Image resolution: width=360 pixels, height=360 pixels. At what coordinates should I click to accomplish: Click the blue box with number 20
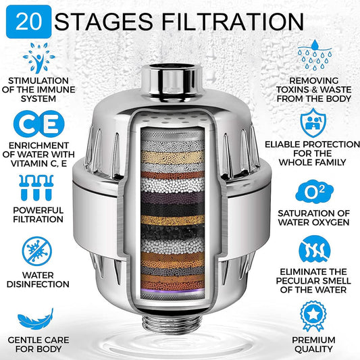click(28, 22)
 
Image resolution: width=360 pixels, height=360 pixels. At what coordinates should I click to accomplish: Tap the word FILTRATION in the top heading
click(233, 22)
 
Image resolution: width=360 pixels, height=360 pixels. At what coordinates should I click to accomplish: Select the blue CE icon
click(38, 124)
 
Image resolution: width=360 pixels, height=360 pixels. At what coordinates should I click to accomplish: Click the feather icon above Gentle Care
click(36, 319)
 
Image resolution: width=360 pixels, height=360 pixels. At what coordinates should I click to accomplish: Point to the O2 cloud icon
click(314, 192)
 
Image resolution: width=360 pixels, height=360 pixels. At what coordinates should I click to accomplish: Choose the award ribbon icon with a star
click(313, 316)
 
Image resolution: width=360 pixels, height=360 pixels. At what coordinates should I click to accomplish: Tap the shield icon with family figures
click(313, 123)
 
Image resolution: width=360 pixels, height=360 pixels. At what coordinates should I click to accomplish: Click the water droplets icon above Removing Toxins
click(315, 55)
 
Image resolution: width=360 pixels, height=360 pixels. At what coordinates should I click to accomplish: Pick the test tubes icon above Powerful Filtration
click(36, 188)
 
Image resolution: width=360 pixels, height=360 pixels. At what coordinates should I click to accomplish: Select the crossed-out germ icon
click(37, 251)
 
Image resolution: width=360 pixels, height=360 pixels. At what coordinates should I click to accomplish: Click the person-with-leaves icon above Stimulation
click(39, 58)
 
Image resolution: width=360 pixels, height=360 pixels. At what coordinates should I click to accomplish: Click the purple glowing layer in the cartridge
click(172, 290)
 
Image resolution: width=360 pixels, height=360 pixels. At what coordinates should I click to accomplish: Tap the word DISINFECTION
click(38, 284)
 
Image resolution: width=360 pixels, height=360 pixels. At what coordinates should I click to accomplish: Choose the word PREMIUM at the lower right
click(313, 340)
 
